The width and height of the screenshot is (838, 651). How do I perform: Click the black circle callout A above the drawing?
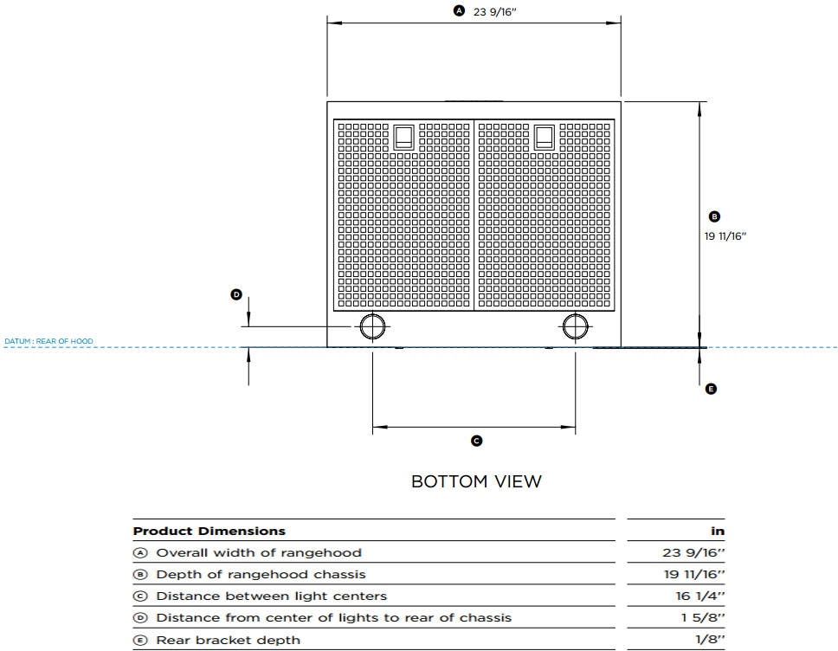coord(459,10)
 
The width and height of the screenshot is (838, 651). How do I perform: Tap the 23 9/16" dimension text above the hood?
coord(495,12)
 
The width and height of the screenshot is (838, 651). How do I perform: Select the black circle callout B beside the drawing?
coord(714,216)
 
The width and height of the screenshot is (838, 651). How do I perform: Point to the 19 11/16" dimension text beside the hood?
coord(725,236)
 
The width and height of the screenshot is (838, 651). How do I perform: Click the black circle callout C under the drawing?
coord(476,441)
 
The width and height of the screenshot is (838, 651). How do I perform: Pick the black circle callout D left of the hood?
coord(236,294)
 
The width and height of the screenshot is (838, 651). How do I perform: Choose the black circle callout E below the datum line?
coord(711,389)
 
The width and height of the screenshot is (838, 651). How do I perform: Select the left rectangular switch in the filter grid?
coord(403,138)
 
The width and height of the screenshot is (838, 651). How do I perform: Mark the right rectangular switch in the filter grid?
coord(544,138)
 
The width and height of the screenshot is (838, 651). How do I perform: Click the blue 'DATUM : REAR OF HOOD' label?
coord(48,341)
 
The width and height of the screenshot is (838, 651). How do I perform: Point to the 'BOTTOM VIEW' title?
coord(476,481)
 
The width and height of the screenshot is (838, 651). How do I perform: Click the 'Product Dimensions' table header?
coord(209,532)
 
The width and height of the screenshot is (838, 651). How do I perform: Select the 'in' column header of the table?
coord(718,532)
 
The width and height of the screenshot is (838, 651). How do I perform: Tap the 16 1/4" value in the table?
coord(700,596)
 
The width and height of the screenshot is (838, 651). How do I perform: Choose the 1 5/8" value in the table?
coord(703,618)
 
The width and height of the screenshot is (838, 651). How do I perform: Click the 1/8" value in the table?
coord(710,639)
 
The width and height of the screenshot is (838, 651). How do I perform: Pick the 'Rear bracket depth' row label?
coord(229,640)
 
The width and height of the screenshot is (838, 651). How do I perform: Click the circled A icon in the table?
coord(139,552)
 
